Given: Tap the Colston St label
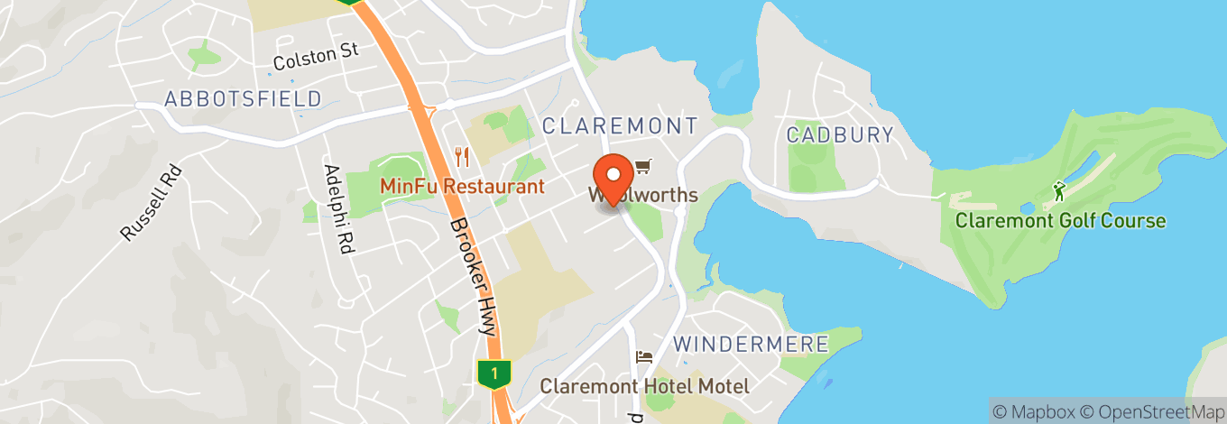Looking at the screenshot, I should (316, 56).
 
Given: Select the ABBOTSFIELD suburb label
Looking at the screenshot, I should (244, 98).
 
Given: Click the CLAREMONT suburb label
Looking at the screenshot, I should (620, 125).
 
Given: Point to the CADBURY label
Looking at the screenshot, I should (840, 135).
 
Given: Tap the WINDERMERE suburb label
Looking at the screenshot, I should (751, 344).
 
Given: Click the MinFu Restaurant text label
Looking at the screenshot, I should (462, 187).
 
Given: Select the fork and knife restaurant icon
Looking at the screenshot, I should (462, 157).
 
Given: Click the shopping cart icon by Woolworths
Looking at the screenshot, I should (642, 166).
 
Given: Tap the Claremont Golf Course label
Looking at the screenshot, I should (1060, 220).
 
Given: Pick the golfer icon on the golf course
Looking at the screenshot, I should (1060, 191).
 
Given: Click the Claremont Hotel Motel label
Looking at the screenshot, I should (644, 386).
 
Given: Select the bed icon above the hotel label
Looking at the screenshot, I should (644, 357).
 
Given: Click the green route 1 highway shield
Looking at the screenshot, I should (494, 373).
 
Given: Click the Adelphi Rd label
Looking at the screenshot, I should (337, 208).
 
